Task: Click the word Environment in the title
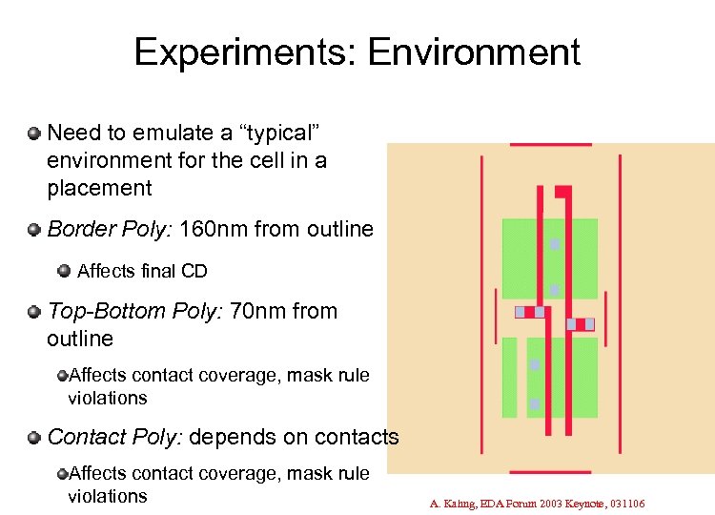(x=474, y=52)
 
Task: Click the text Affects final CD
(x=142, y=271)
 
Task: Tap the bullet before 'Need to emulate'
(x=34, y=134)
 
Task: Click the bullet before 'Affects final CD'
(x=64, y=271)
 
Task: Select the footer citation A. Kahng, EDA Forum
(x=537, y=503)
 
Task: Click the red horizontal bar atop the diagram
(x=550, y=145)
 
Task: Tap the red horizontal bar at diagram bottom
(x=550, y=471)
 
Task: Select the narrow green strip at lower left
(x=509, y=377)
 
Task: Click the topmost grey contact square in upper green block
(x=554, y=244)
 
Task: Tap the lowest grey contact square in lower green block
(x=535, y=404)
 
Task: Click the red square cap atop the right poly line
(x=562, y=192)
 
